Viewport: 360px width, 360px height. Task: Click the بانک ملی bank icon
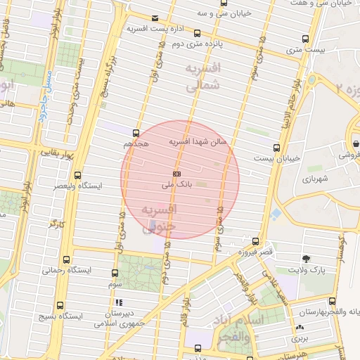tap(176, 173)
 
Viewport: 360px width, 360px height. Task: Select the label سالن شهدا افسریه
tap(198, 141)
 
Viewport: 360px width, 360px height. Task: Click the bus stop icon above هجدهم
tap(136, 132)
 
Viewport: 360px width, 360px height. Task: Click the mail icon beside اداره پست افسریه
tap(155, 18)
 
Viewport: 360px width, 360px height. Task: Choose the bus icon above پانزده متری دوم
tap(197, 32)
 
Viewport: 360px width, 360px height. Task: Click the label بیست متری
tap(305, 51)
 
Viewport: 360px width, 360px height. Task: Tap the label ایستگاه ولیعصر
tap(78, 186)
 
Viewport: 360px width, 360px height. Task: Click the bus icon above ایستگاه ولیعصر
tap(77, 175)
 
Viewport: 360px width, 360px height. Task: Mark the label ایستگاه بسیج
tap(59, 316)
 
